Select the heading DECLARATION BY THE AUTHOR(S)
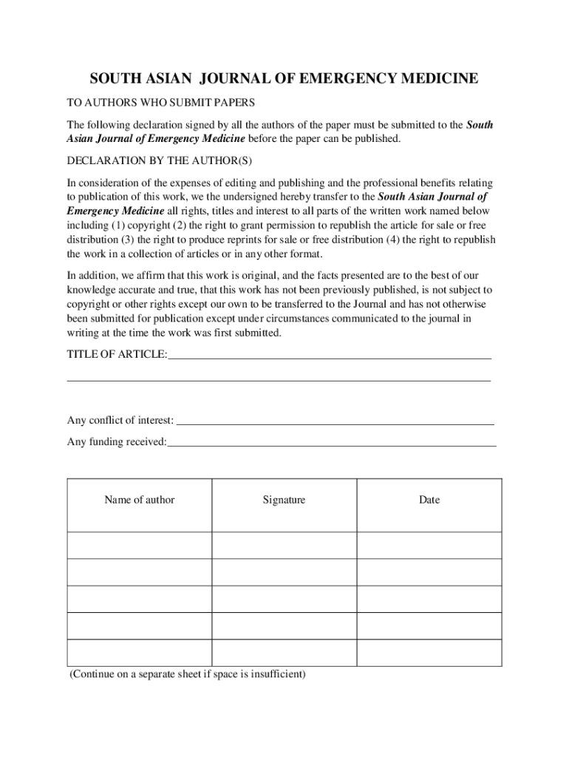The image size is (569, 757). click(163, 160)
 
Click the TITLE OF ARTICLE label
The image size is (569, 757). click(117, 354)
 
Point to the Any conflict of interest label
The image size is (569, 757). click(120, 421)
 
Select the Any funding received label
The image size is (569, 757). click(117, 442)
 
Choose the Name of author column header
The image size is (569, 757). click(140, 500)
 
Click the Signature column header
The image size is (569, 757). click(284, 500)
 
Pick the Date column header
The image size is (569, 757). click(429, 500)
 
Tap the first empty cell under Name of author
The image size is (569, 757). click(140, 545)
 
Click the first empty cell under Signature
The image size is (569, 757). click(284, 545)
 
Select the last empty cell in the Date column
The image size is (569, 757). click(429, 653)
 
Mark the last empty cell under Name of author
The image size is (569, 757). click(140, 653)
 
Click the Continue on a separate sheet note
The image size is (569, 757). click(188, 674)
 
